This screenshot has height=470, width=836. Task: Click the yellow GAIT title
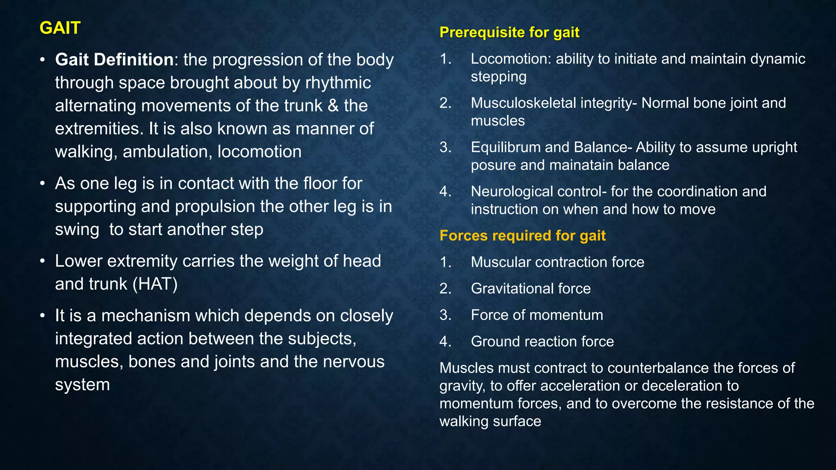click(x=60, y=28)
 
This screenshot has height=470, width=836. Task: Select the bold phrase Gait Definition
click(x=114, y=60)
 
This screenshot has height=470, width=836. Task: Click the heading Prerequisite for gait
click(x=509, y=32)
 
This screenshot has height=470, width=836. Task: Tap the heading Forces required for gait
click(x=522, y=236)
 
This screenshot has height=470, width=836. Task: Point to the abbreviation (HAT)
click(x=155, y=284)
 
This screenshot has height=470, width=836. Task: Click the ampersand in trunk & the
click(x=333, y=106)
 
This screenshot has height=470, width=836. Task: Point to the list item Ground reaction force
click(x=542, y=341)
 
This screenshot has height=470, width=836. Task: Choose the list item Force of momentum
click(x=537, y=315)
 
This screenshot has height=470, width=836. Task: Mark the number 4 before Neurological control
click(x=445, y=191)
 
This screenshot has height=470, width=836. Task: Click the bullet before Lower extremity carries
click(x=42, y=262)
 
